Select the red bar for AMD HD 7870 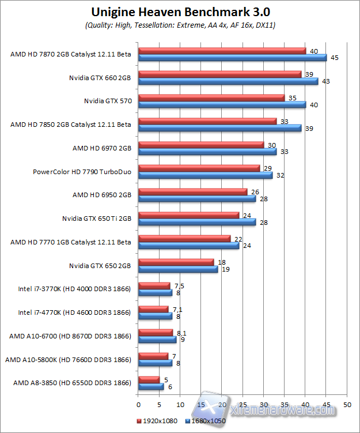pos(222,51)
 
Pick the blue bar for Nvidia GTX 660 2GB pos(228,81)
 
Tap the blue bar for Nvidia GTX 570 pos(222,104)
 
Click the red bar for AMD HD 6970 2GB pos(201,145)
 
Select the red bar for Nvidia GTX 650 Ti pos(188,215)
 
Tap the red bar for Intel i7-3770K pos(154,285)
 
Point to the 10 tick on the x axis pos(180,404)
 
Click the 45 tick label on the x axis pos(326,404)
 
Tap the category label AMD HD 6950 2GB pos(102,195)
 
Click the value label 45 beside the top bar pos(335,58)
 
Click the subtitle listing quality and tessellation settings pos(180,26)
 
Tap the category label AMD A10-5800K pos(68,360)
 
